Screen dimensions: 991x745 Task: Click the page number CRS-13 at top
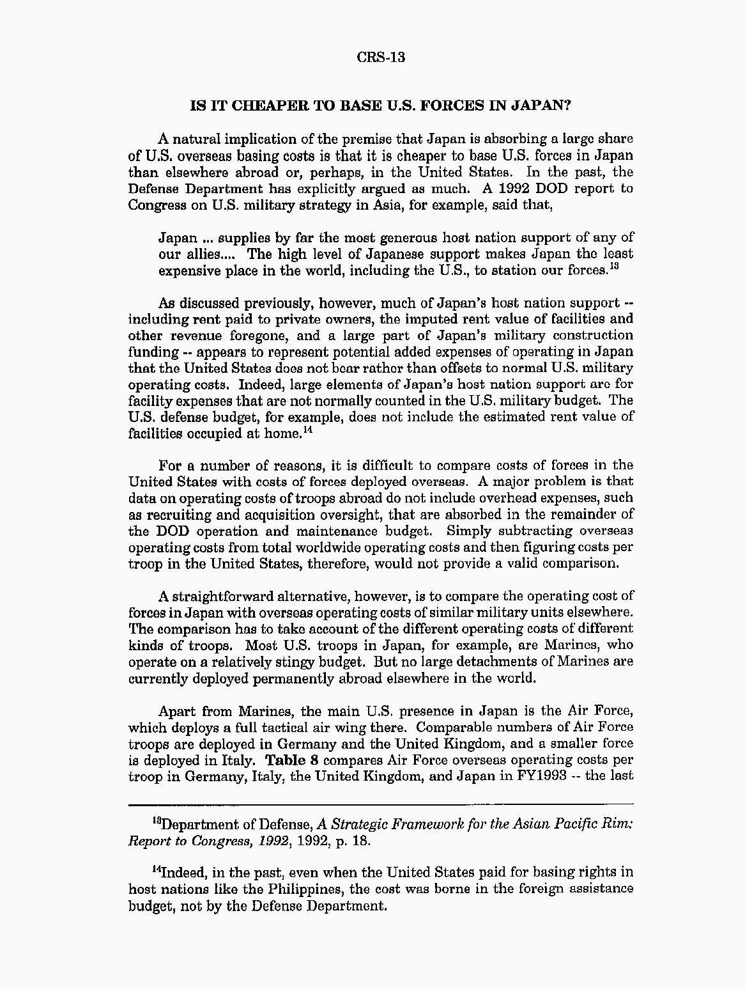point(381,57)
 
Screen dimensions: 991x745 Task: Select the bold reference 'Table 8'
point(291,760)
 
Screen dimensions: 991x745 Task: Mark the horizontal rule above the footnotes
point(381,803)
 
